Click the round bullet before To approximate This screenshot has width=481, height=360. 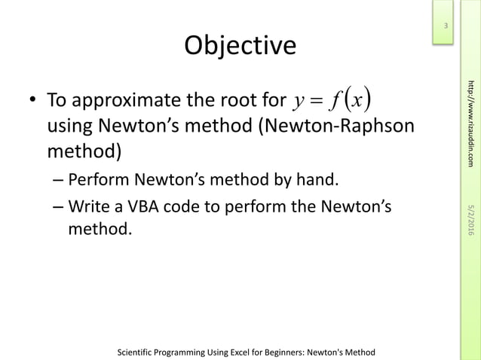point(33,101)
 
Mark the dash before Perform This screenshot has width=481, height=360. point(58,180)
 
